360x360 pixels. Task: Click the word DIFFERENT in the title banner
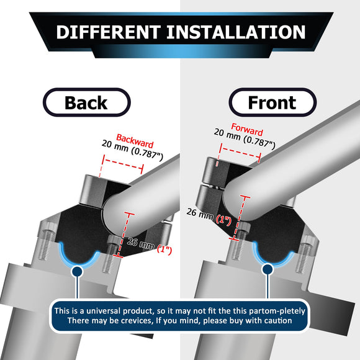click(x=109, y=32)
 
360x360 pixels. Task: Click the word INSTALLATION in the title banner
click(x=236, y=32)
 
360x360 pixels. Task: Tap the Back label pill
click(x=86, y=102)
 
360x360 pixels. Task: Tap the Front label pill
click(x=272, y=102)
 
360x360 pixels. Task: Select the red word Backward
click(x=135, y=141)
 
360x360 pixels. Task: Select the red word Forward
click(x=247, y=130)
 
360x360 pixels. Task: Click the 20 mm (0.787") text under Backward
click(x=132, y=150)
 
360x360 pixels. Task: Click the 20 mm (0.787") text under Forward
click(x=245, y=138)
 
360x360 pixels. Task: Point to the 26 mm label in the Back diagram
click(x=140, y=243)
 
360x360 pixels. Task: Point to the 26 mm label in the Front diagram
click(x=200, y=214)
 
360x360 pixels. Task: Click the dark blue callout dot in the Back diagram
click(x=78, y=271)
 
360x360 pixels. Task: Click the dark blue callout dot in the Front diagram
click(x=268, y=269)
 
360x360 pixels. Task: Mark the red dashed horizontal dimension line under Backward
click(x=123, y=164)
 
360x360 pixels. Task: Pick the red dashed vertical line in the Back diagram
click(x=124, y=235)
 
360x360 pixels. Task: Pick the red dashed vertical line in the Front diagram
click(x=240, y=218)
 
